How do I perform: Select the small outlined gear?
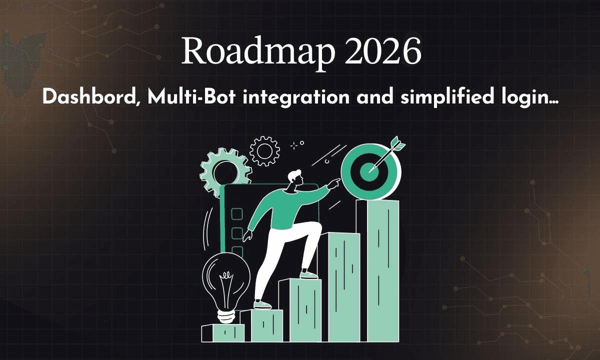tap(264, 150)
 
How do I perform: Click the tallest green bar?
tap(378, 270)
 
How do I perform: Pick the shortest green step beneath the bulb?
tap(222, 332)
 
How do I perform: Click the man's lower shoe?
tap(262, 304)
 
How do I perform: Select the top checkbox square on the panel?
tap(237, 214)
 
